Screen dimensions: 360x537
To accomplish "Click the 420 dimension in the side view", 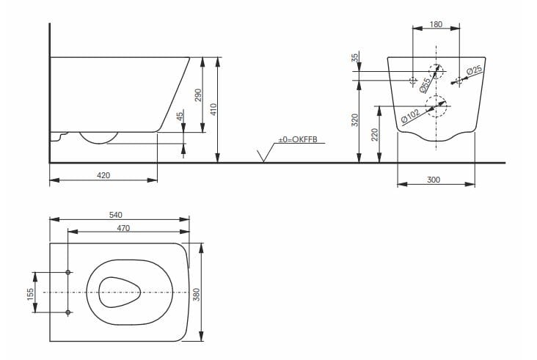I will pos(103,175).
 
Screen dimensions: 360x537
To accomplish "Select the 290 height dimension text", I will pos(197,95).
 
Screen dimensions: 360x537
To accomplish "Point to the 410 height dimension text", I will pos(213,110).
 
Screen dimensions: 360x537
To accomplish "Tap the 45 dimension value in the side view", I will pos(179,117).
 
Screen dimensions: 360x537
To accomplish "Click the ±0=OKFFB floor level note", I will pos(297,139).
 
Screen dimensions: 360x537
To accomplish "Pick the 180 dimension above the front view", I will pos(436,24).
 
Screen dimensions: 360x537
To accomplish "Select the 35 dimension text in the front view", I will pos(355,58).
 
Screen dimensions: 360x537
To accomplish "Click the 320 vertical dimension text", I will pos(355,121).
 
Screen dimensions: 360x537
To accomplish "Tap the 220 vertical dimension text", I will pos(376,135).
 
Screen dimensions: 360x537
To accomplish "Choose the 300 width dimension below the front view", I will pos(433,180).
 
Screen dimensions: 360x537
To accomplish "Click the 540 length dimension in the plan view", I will pos(115,214).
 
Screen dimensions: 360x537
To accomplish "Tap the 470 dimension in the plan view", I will pos(123,228).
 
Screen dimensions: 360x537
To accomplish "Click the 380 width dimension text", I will pos(197,293).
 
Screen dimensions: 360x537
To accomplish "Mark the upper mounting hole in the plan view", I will pos(68,273).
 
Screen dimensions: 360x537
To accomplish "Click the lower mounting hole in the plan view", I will pos(68,313).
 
